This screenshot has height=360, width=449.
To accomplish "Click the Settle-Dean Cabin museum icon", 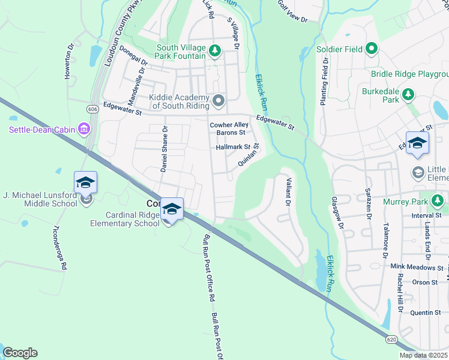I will click(x=83, y=130).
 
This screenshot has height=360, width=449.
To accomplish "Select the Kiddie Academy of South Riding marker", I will click(x=218, y=100).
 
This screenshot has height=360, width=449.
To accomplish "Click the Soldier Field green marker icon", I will click(x=372, y=49).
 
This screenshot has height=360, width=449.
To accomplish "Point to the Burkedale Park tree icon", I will click(x=408, y=94).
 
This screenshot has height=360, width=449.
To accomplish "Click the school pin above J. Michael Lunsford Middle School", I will click(x=85, y=182).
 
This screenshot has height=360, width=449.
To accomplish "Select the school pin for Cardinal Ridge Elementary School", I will click(x=172, y=209).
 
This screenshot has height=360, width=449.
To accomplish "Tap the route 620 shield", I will click(x=391, y=340).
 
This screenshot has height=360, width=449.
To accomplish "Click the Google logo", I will click(x=20, y=353).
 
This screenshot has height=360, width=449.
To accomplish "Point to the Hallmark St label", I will click(x=234, y=147).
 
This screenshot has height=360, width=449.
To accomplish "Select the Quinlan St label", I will click(x=248, y=155).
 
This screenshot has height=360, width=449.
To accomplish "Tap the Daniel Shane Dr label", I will click(x=164, y=149).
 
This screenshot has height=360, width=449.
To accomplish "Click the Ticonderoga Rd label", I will click(x=59, y=248).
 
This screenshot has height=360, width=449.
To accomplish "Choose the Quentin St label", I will click(x=426, y=313).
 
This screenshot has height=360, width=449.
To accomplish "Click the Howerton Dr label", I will click(x=69, y=61).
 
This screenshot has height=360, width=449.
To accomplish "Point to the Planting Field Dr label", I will click(x=324, y=82).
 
